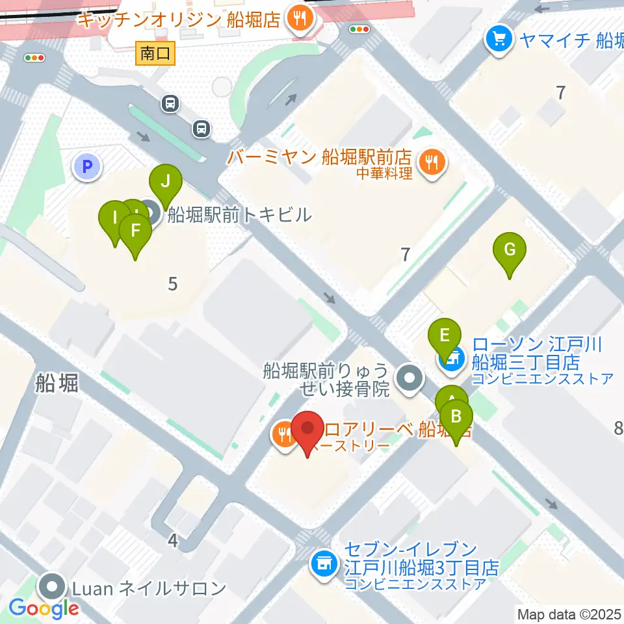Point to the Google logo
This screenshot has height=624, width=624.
pos(44,609)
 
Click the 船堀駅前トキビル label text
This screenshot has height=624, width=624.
pos(239,214)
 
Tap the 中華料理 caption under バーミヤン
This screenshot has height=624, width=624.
pos(384,174)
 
